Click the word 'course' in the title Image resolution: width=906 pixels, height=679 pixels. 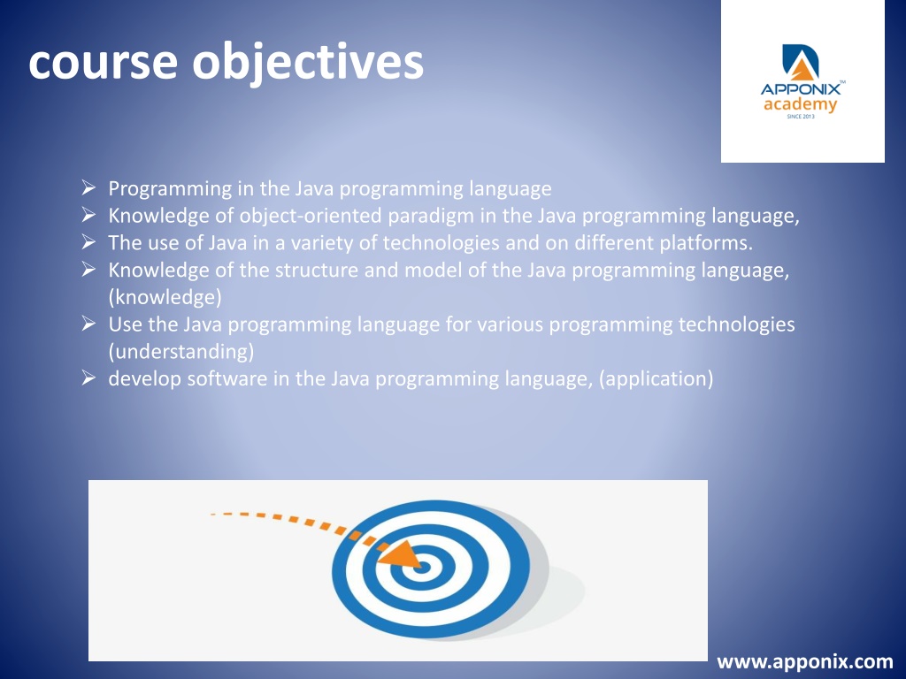pos(103,63)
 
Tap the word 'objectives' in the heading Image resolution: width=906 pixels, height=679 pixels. pos(308,64)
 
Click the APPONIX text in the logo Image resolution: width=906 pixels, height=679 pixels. pos(800,89)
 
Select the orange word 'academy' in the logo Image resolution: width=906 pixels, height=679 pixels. pos(800,105)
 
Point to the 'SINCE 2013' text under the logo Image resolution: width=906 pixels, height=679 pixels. pos(800,117)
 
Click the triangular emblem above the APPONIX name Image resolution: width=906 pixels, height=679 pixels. pos(801,62)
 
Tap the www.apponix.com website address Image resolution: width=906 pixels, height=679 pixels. pos(805,661)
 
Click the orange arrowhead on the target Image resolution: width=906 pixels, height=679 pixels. pos(402,554)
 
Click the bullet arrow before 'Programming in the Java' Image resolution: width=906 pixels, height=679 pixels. pos(88,187)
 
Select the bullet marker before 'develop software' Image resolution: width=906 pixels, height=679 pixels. pos(88,378)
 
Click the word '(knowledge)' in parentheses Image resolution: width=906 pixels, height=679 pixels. pos(165,297)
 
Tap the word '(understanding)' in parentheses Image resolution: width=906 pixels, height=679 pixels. pos(181,351)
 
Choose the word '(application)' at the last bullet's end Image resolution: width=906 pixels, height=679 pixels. pos(656,378)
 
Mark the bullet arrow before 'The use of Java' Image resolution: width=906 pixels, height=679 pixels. pos(88,241)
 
